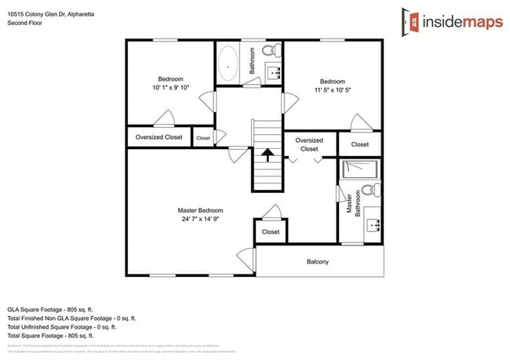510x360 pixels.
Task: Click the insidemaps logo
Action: coord(449,21)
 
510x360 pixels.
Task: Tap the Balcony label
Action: coord(317,262)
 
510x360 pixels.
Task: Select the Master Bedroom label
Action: coord(200,210)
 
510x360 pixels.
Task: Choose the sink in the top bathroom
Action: coord(275,74)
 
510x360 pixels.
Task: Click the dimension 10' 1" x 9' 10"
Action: coord(170,88)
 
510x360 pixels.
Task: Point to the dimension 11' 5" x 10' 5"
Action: coord(332,90)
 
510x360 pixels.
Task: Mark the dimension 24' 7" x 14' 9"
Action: coord(200,220)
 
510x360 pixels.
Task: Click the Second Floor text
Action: coord(24,24)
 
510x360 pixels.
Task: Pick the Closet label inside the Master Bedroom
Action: coord(271,232)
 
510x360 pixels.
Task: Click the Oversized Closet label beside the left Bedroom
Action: coord(159,137)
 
